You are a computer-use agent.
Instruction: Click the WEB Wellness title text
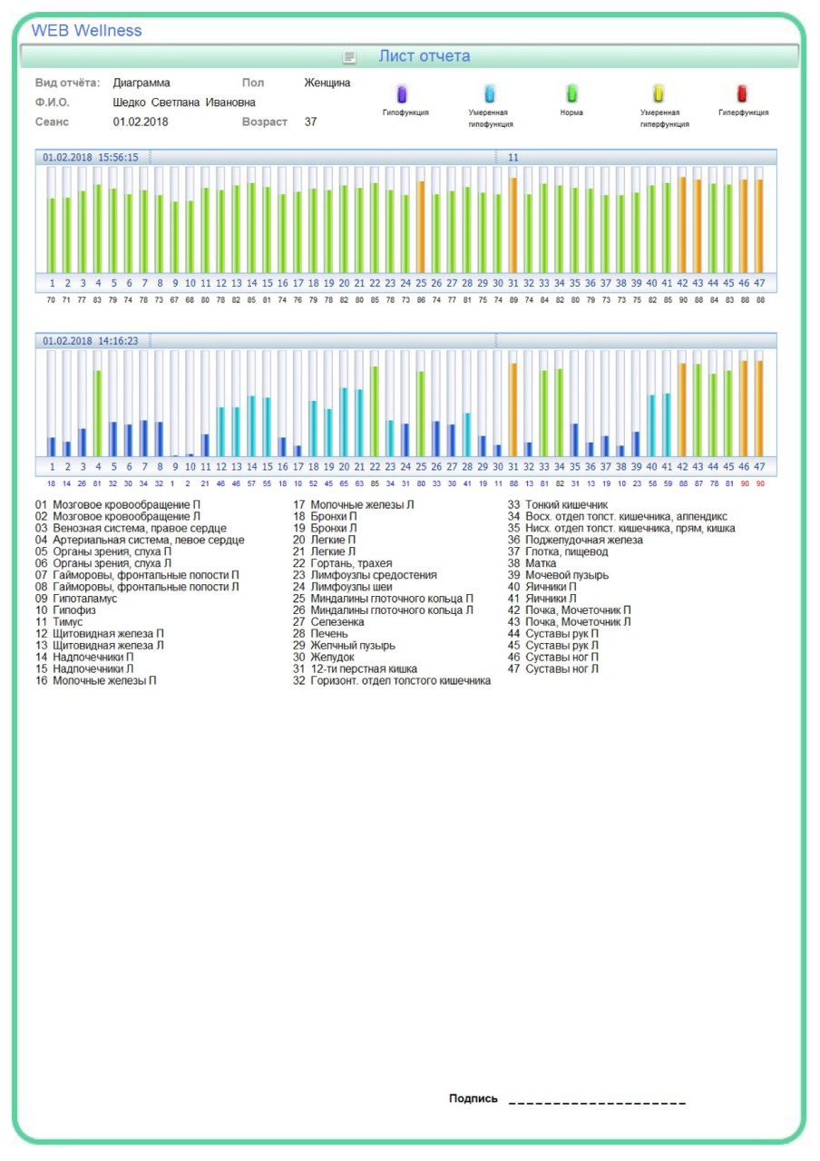pos(86,31)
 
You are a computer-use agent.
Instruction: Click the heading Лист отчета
pos(424,56)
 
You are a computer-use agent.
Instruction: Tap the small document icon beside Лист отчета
pos(349,57)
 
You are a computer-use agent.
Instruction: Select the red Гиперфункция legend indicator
pos(742,93)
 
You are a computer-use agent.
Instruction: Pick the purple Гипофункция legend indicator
pos(403,93)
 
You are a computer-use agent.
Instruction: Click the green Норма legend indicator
pos(571,93)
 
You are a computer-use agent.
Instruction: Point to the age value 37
pos(310,122)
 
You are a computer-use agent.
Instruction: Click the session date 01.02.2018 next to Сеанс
pos(141,122)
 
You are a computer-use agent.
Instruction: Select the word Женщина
pos(327,83)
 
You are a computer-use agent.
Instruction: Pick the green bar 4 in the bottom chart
pos(98,413)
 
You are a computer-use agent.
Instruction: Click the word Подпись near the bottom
pos(473,1098)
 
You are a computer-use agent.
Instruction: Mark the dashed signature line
pos(597,1103)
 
